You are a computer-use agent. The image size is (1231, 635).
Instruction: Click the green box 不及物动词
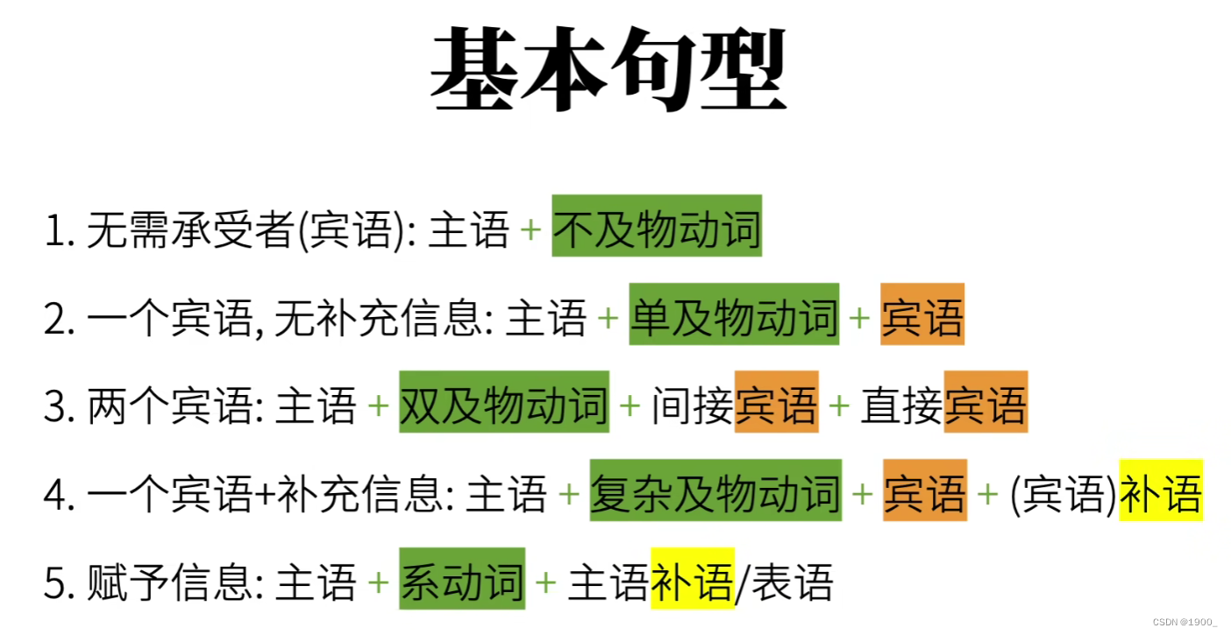657,226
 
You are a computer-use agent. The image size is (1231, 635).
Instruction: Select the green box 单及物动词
734,314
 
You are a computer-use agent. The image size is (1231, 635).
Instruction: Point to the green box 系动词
462,579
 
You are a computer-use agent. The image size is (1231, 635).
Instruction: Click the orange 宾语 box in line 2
922,314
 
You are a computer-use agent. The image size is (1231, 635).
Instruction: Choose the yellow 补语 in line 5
692,579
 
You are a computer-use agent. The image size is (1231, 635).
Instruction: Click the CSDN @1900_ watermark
1185,621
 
